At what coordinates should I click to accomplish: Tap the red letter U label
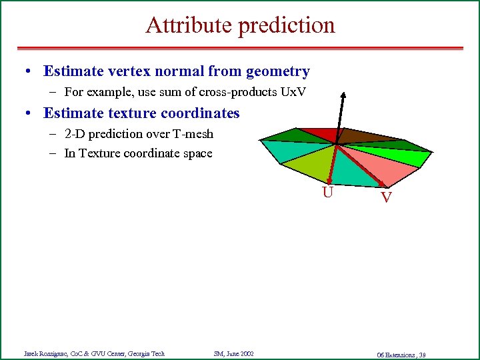[x=327, y=193]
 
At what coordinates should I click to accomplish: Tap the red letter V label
[x=386, y=197]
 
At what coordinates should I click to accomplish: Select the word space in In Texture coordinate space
[x=198, y=153]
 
